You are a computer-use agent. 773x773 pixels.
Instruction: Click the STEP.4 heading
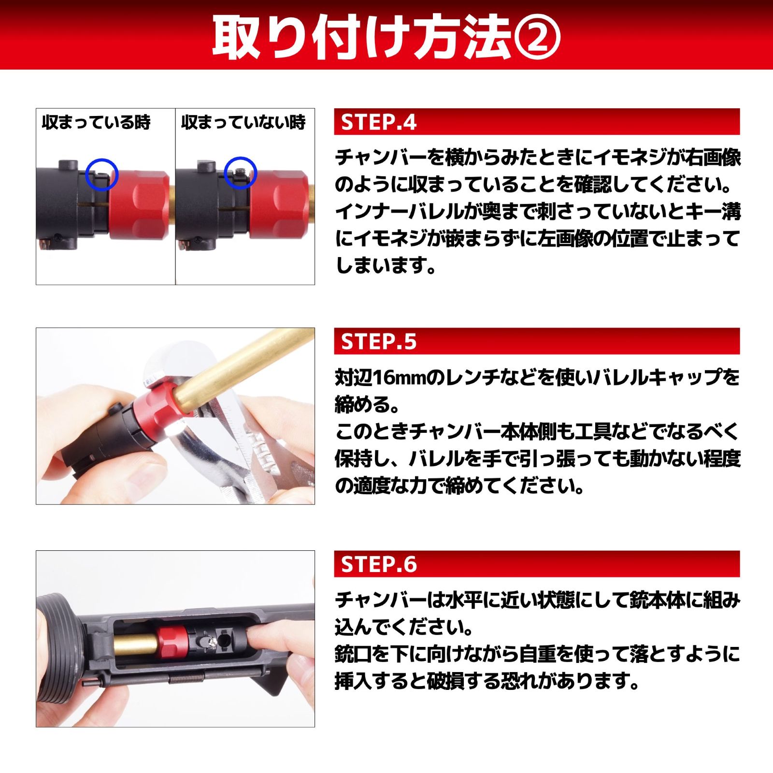coord(378,122)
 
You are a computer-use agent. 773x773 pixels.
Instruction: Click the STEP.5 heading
coord(378,342)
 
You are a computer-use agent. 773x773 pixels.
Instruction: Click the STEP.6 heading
coord(378,564)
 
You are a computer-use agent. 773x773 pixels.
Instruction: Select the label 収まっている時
coord(96,122)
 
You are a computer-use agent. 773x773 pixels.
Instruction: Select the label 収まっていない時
coord(243,122)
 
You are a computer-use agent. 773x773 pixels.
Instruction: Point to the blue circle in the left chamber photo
coord(101,174)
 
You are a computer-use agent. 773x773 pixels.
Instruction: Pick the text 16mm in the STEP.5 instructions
coord(391,377)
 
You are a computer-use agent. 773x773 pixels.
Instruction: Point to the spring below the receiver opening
coord(186,678)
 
